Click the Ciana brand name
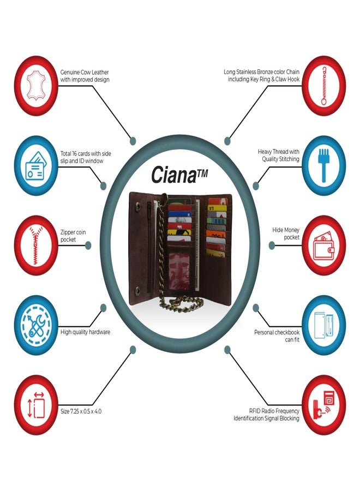click(179, 175)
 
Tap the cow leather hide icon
click(37, 86)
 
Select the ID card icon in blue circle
click(36, 166)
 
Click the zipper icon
click(37, 245)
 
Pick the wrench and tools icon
click(37, 325)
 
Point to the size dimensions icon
click(37, 405)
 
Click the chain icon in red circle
click(323, 86)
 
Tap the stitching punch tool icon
click(324, 166)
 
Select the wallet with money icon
click(323, 245)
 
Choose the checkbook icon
click(323, 325)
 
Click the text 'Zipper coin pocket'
click(73, 236)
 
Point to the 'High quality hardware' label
click(85, 332)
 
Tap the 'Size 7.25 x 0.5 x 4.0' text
click(81, 411)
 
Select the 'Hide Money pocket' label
click(286, 233)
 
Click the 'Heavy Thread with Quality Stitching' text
click(279, 155)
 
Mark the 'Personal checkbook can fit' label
click(277, 336)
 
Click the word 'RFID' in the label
click(255, 411)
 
